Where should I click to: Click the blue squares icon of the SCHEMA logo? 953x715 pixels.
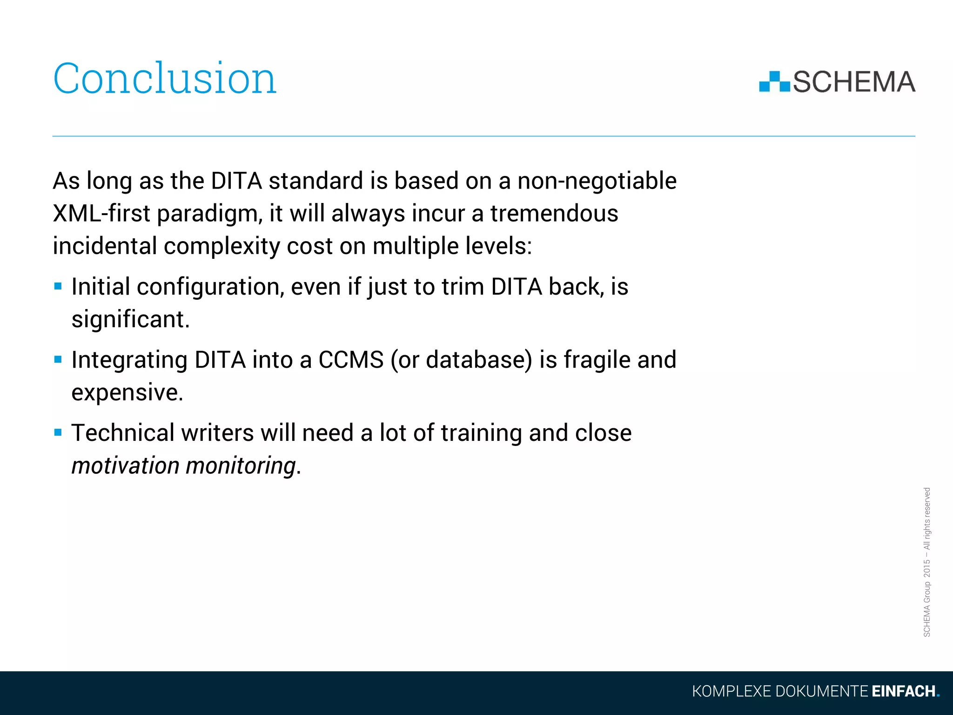pyautogui.click(x=774, y=82)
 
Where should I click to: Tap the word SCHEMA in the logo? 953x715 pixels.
pyautogui.click(x=854, y=82)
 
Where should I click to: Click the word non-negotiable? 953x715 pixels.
pyautogui.click(x=597, y=181)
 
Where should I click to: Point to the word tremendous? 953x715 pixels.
pyautogui.click(x=554, y=214)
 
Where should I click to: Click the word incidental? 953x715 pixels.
pyautogui.click(x=104, y=246)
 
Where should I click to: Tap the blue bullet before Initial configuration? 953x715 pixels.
pyautogui.click(x=58, y=286)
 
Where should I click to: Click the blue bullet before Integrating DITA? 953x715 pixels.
pyautogui.click(x=58, y=359)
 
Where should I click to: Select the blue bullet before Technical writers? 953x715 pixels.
pyautogui.click(x=58, y=432)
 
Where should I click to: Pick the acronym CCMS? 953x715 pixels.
pyautogui.click(x=351, y=360)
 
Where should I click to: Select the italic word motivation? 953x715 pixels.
pyautogui.click(x=125, y=465)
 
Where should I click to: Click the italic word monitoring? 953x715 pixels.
pyautogui.click(x=241, y=465)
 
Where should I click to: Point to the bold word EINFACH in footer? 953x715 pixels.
pyautogui.click(x=903, y=691)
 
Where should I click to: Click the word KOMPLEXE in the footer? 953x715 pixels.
pyautogui.click(x=732, y=691)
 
